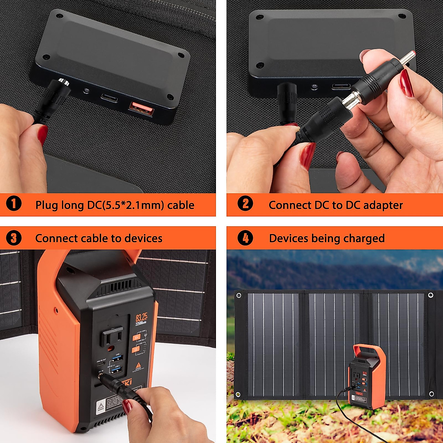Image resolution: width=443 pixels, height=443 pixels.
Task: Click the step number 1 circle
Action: click(x=14, y=204)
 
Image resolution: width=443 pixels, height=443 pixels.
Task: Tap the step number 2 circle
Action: click(x=245, y=204)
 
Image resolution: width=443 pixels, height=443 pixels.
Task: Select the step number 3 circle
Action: click(x=14, y=238)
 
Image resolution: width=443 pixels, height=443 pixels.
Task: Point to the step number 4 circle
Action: click(x=245, y=238)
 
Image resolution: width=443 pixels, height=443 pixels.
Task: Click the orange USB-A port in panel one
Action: click(x=141, y=109)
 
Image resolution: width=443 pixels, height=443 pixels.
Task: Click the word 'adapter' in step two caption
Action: click(x=383, y=205)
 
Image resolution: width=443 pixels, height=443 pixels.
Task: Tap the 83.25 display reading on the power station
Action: click(x=141, y=317)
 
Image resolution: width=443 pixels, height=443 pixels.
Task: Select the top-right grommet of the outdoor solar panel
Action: click(x=430, y=295)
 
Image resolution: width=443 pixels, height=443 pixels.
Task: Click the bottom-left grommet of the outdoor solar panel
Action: click(x=238, y=394)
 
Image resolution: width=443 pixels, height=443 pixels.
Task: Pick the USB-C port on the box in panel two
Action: click(x=341, y=87)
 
